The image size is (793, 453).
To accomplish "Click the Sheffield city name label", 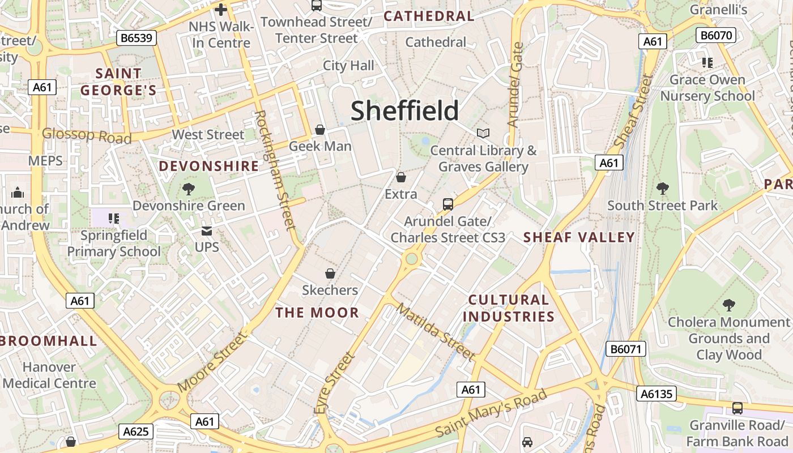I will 404,111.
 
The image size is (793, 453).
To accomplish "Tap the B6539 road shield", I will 137,39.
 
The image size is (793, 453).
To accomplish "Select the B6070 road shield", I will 715,35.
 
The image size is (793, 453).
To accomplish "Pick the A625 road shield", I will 137,432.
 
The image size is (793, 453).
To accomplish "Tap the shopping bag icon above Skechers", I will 330,273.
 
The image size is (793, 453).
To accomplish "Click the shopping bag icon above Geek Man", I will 320,130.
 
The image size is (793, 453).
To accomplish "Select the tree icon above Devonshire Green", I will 189,189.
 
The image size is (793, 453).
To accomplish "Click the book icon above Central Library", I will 483,133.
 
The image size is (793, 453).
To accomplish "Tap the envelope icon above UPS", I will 207,231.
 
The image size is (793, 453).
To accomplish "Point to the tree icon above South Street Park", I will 662,189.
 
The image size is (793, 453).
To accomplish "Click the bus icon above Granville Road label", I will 737,408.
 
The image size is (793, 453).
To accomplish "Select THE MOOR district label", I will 317,313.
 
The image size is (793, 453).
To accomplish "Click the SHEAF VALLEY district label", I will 579,237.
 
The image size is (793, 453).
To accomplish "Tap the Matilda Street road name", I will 435,332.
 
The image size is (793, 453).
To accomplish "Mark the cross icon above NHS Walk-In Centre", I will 221,10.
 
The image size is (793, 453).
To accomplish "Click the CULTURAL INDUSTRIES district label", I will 511,308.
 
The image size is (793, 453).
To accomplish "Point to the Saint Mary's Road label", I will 491,413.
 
